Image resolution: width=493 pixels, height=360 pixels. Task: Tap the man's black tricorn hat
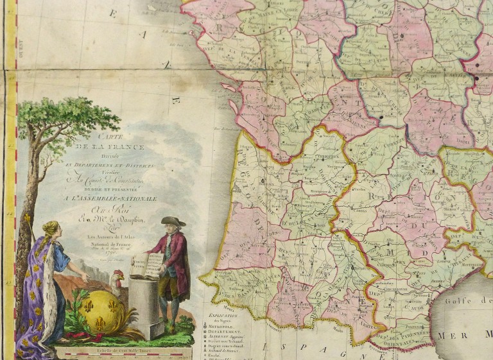point(173,221)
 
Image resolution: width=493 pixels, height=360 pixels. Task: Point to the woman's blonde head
point(51,229)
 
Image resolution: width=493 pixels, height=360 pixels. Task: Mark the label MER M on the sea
point(462,335)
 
